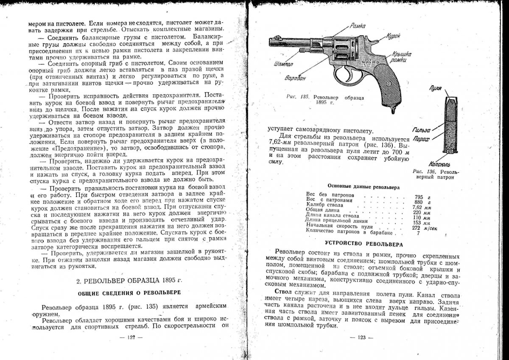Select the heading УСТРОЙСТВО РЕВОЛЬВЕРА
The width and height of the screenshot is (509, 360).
364,244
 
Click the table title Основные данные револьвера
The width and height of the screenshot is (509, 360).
363,187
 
